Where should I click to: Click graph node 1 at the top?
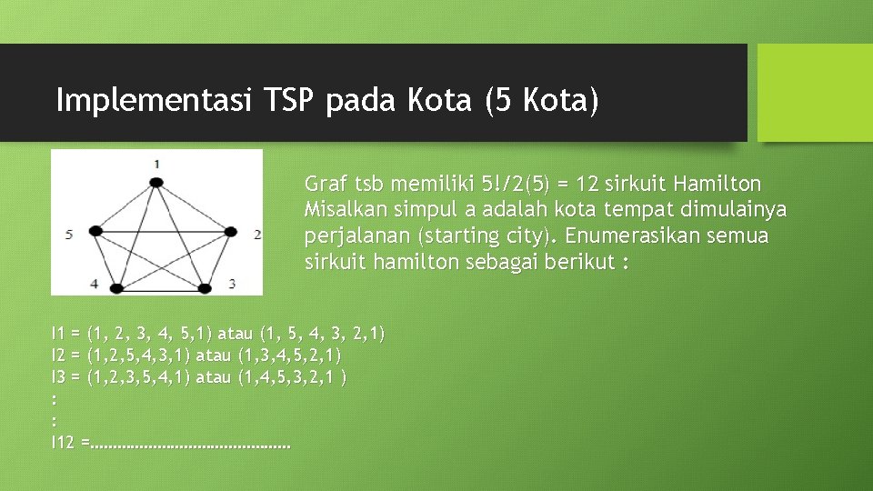pos(156,183)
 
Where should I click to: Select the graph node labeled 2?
pos(229,233)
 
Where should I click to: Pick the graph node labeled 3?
pos(204,288)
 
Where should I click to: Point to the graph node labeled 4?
pos(115,288)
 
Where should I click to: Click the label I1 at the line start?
pos(58,334)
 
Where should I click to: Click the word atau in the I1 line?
pos(236,334)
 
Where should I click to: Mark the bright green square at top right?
pos(815,93)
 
